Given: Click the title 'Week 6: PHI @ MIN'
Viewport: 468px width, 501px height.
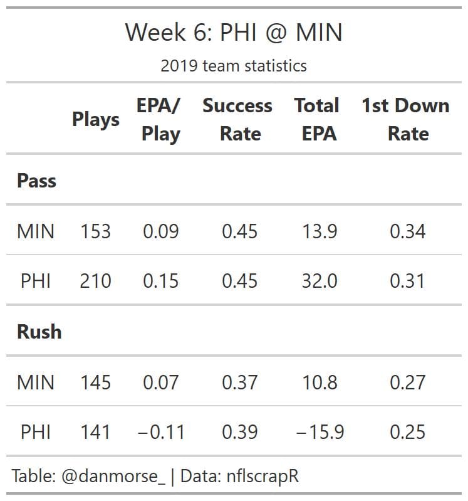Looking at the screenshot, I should coord(234,33).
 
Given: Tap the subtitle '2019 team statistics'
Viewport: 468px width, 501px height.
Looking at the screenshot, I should coord(234,65).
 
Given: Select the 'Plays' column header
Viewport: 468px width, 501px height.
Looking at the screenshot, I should coord(96,119).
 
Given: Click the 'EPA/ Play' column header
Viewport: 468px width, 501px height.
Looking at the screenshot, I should coord(160,119).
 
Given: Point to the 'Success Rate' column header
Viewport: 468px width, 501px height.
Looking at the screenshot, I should coord(237,119).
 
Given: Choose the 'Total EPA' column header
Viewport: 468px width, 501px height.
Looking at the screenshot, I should coord(317,119).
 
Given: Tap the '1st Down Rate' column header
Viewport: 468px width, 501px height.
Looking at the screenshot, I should coord(405,119).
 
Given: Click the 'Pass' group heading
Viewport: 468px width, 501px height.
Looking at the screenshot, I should coord(36,181).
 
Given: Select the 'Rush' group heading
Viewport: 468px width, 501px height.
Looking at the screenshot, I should coord(39,331).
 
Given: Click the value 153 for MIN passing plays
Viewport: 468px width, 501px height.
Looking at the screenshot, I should coord(95,231).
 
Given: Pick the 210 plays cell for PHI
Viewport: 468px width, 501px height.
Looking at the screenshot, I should coord(95,281).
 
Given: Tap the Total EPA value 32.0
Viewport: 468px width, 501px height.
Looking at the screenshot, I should coord(320,281).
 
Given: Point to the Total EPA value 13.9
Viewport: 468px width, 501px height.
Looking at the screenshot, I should coord(320,231).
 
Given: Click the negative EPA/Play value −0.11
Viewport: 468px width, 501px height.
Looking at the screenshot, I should coord(160,432).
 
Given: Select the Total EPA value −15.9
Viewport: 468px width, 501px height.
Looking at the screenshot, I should coord(320,432).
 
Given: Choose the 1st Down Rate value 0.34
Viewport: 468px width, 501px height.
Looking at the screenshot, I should coord(407,231).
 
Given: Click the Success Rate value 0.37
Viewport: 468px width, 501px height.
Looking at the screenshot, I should coord(239,382).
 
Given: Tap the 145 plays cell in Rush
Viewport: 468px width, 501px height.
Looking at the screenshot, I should coord(95,382).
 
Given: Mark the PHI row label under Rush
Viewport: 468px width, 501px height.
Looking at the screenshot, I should coord(36,432).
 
